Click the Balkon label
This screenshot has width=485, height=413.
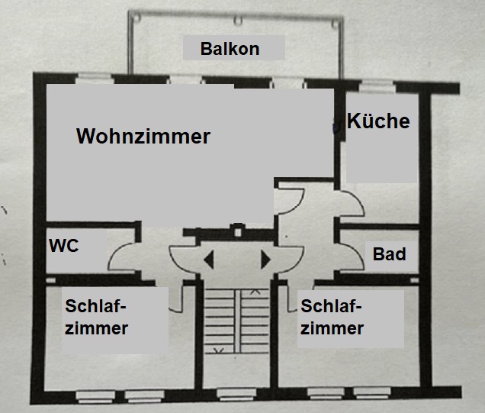coord(230,49)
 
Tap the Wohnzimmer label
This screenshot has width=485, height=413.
coord(143,136)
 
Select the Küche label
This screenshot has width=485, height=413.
coord(378,121)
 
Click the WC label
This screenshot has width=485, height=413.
coord(64,246)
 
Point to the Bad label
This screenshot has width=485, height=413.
coord(389,254)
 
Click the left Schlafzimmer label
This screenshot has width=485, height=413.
coord(96,317)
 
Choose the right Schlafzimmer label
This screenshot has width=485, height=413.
coord(332,317)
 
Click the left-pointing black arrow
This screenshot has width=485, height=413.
coord(209,260)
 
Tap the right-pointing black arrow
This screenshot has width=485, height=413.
coord(265,260)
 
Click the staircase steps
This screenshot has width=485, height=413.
coord(237,321)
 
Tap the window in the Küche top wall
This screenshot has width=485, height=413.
coord(377,86)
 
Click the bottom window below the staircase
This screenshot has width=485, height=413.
coord(236,395)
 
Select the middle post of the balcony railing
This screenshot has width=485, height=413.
coord(238,21)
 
